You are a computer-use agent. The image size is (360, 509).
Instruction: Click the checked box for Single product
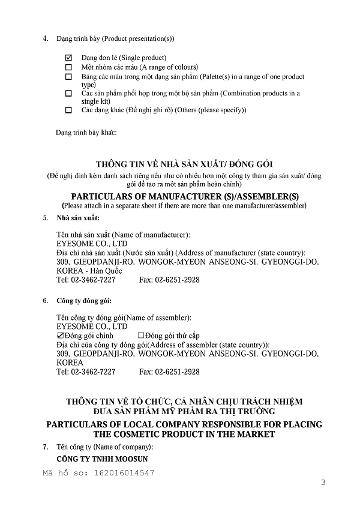(x=68, y=58)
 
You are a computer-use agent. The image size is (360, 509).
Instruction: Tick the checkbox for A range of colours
(x=68, y=67)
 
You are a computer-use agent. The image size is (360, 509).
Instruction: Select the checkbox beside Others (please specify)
(x=68, y=110)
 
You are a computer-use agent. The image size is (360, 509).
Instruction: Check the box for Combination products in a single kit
(x=68, y=94)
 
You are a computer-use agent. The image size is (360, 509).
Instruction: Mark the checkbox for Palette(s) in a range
(x=68, y=77)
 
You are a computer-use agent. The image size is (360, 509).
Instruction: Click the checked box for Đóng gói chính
(x=59, y=336)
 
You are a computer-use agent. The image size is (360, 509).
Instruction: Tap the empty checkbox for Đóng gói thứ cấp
(x=141, y=336)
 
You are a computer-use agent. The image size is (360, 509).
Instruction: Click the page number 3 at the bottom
(x=323, y=483)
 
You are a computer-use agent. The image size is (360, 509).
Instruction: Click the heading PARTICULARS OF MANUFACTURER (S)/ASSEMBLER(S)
(x=184, y=196)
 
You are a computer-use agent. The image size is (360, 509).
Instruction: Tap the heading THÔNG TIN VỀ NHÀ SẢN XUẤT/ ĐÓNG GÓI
(x=184, y=164)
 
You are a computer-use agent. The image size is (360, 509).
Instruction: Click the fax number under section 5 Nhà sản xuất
(x=170, y=280)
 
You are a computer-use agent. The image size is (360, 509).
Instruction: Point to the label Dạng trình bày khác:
(x=86, y=131)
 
